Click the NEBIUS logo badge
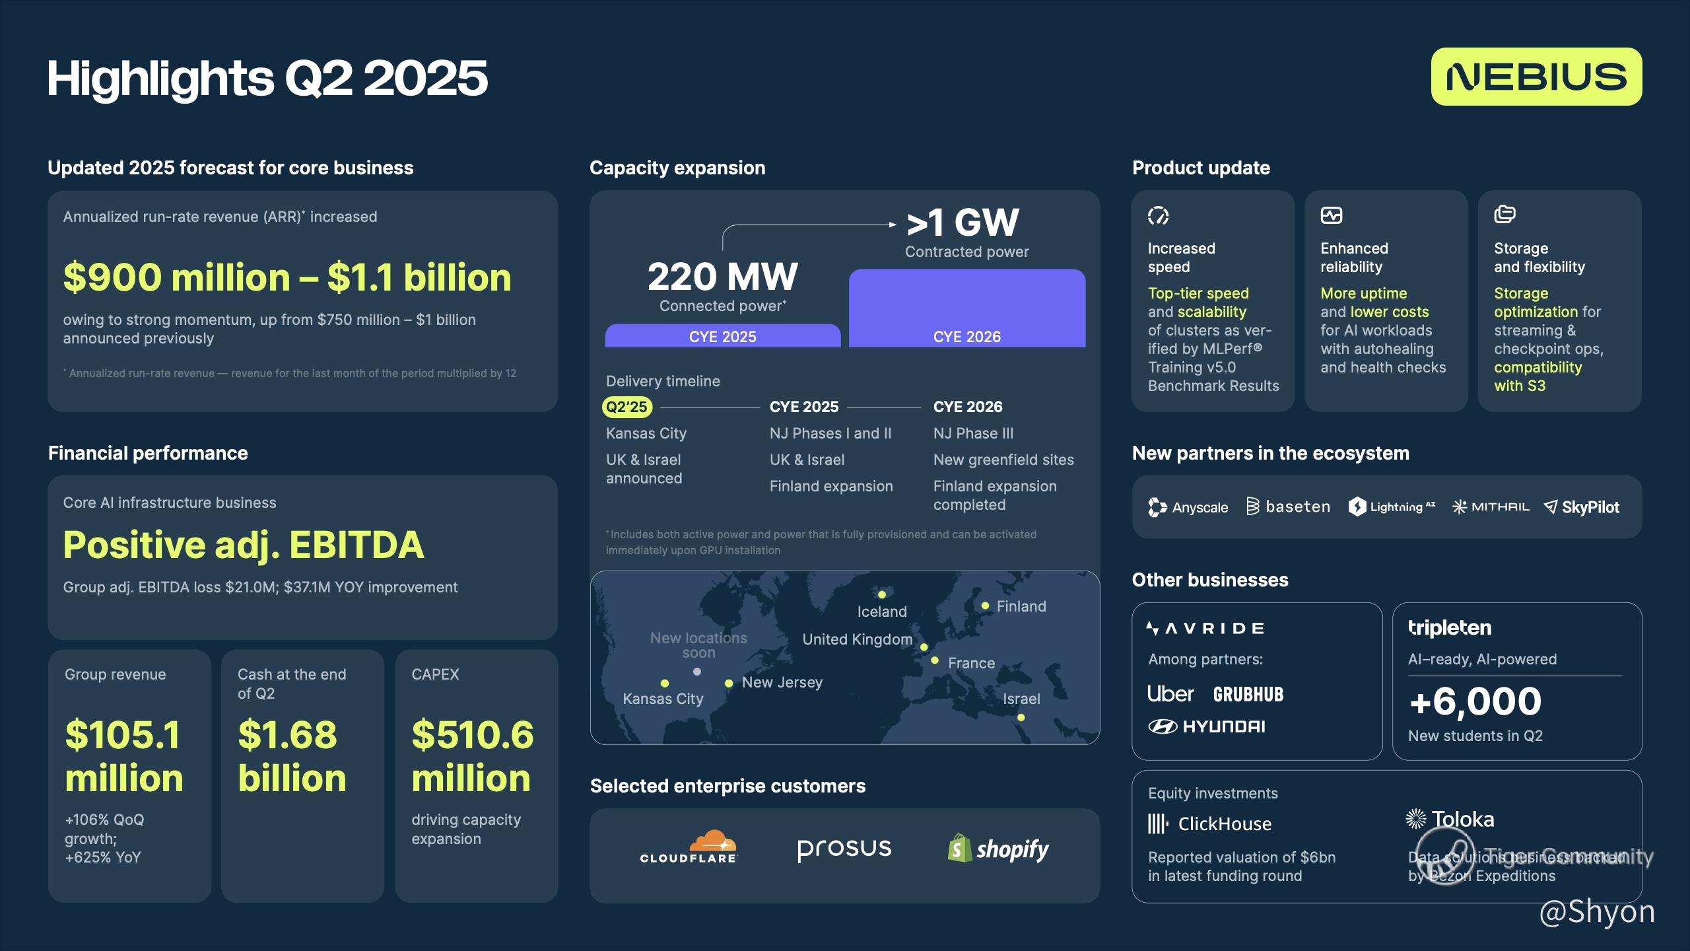click(1536, 77)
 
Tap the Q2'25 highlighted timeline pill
click(627, 407)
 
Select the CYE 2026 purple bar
click(967, 308)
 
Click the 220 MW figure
click(723, 277)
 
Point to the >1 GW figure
click(963, 222)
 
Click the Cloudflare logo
click(689, 847)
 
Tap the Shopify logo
click(998, 849)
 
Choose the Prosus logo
click(844, 849)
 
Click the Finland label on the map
click(1021, 606)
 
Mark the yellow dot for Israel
click(1021, 717)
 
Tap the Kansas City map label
click(663, 699)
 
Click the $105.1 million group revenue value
click(124, 756)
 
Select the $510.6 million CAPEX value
click(472, 756)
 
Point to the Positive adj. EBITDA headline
click(244, 546)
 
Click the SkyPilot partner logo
click(1582, 507)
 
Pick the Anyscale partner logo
click(1188, 507)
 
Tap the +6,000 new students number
click(1475, 701)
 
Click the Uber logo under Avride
click(1170, 694)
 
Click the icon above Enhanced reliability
click(1332, 215)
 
